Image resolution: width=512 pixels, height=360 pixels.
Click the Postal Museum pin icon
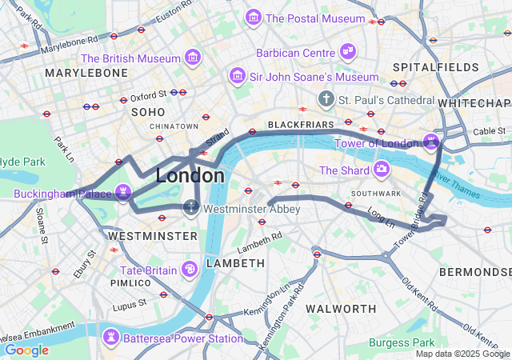tap(254, 18)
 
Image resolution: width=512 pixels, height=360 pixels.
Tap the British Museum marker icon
tap(192, 58)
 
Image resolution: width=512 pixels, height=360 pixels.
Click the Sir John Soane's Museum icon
tap(237, 76)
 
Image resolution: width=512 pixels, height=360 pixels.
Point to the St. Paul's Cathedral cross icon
tap(326, 100)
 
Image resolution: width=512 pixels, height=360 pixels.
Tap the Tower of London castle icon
tap(432, 142)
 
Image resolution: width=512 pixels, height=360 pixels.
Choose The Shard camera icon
tap(381, 170)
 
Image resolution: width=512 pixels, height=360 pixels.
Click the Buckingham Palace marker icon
tap(123, 193)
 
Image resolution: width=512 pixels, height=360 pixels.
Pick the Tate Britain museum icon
tap(190, 270)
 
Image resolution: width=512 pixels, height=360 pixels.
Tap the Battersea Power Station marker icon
tap(111, 338)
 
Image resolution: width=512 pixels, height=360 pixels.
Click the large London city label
tap(190, 175)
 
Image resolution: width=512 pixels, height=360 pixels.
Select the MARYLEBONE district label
tap(86, 73)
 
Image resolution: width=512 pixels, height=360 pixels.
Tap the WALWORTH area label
tap(341, 309)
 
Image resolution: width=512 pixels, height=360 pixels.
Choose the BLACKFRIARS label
tap(297, 126)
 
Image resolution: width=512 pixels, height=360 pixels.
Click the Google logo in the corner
tap(26, 350)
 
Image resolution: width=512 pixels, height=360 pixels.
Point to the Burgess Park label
tap(402, 342)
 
